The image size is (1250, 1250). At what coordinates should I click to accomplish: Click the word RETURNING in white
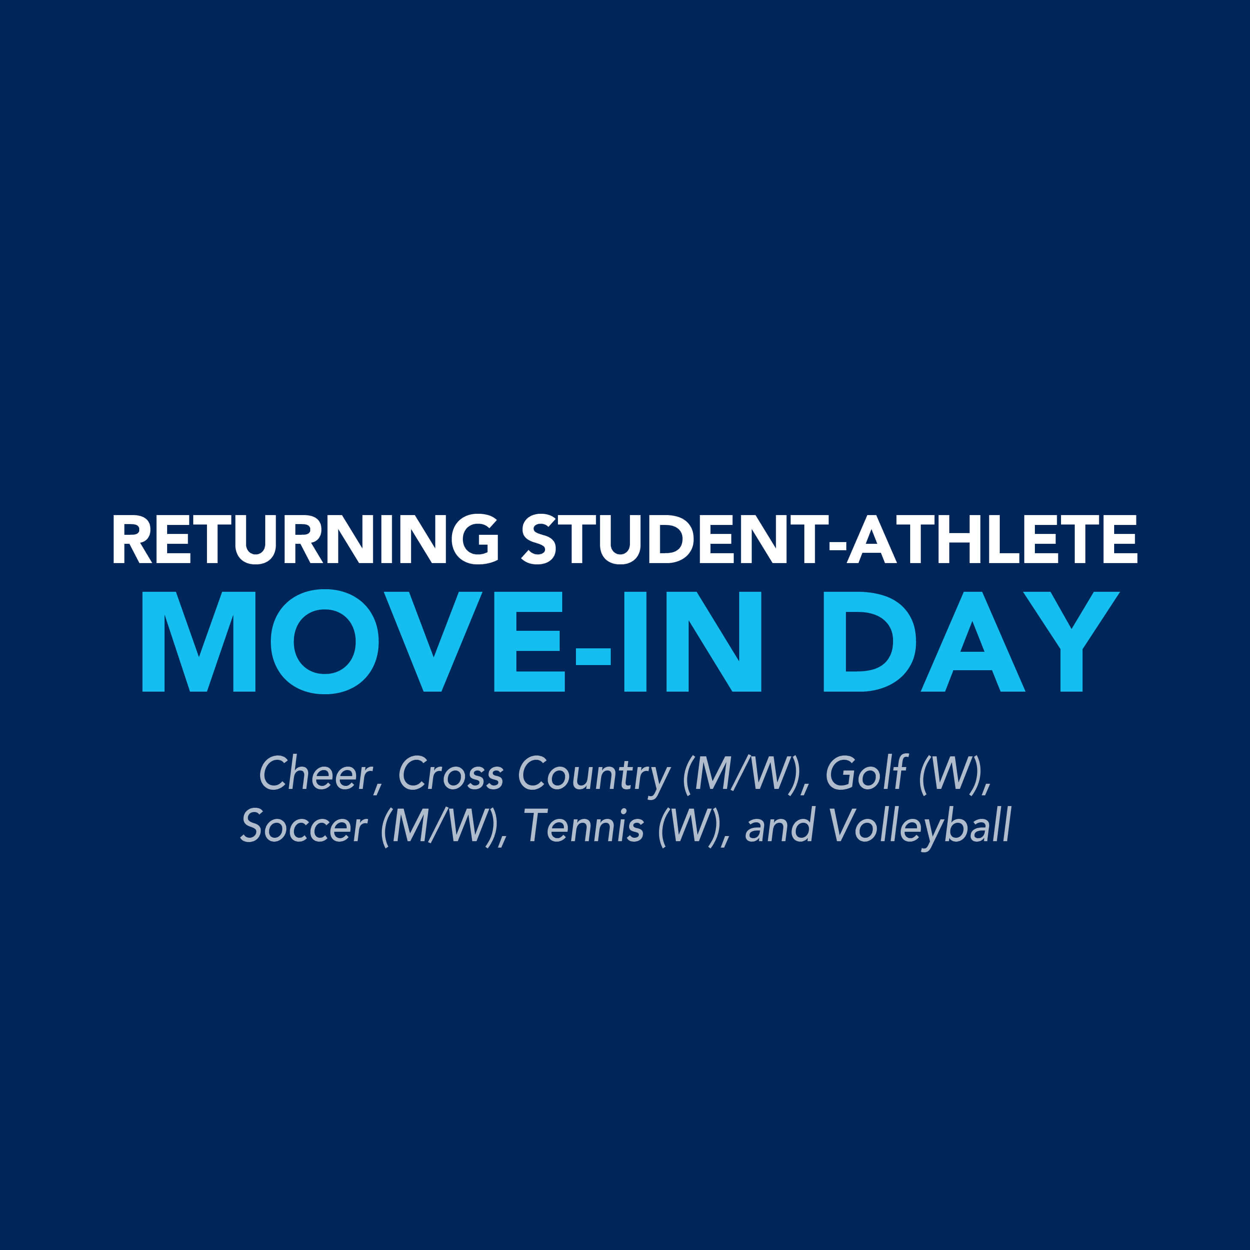[306, 539]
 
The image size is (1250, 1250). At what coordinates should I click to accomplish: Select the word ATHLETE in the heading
[992, 539]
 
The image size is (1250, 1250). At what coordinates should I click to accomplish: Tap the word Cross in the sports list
[451, 774]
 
